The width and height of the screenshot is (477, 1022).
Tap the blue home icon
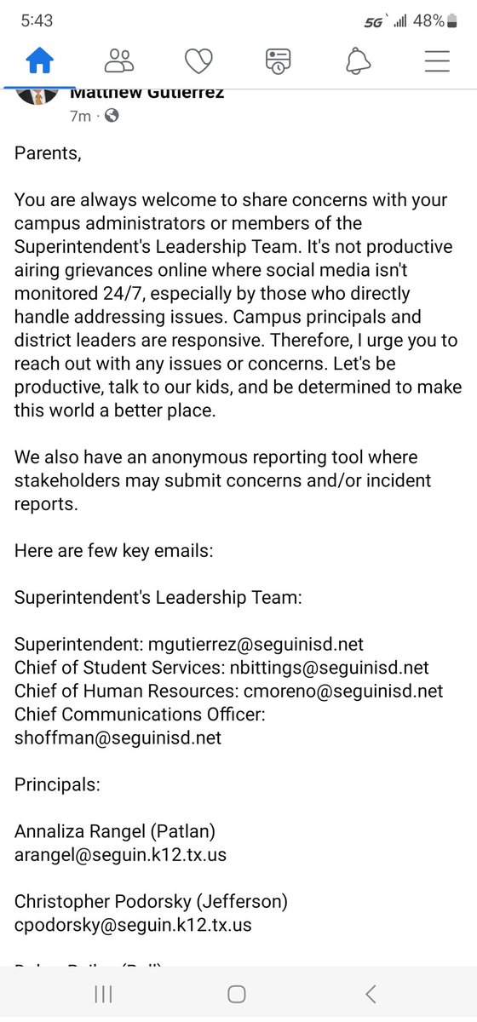[39, 60]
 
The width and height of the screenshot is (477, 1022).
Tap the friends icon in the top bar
[119, 60]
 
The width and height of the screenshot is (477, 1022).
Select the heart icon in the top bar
[199, 60]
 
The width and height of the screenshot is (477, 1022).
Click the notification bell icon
[359, 60]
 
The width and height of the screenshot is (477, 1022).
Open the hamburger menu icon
[437, 60]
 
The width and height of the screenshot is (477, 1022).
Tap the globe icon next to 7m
[112, 116]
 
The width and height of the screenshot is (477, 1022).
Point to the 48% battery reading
[428, 21]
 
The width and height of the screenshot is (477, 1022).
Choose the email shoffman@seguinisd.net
[118, 738]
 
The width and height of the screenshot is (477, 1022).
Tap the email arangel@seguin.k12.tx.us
[120, 853]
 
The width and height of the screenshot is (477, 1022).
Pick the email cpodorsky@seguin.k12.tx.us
[133, 924]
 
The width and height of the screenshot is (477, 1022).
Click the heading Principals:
[53, 784]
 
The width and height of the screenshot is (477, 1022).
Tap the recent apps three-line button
[104, 994]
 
